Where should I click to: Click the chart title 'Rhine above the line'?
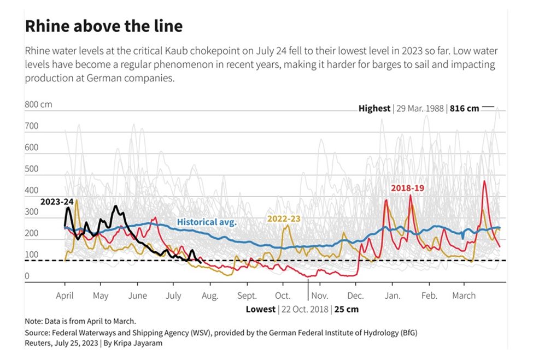point(104,26)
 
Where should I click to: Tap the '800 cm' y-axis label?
point(38,104)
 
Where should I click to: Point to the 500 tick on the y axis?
point(32,169)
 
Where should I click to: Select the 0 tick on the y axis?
point(27,276)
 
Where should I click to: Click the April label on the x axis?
point(65,296)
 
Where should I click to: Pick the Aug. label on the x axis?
point(210,296)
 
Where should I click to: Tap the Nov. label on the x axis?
point(319,296)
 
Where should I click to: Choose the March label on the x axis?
point(464,296)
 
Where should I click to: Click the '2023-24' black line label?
point(56,202)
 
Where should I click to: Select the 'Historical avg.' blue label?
point(207,222)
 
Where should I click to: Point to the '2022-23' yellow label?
point(284,219)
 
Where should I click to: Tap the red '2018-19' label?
point(407,188)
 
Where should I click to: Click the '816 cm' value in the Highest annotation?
point(464,108)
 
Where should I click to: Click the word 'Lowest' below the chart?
point(261,309)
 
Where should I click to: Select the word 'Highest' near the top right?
point(374,108)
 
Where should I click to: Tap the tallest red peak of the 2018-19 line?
point(484,181)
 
